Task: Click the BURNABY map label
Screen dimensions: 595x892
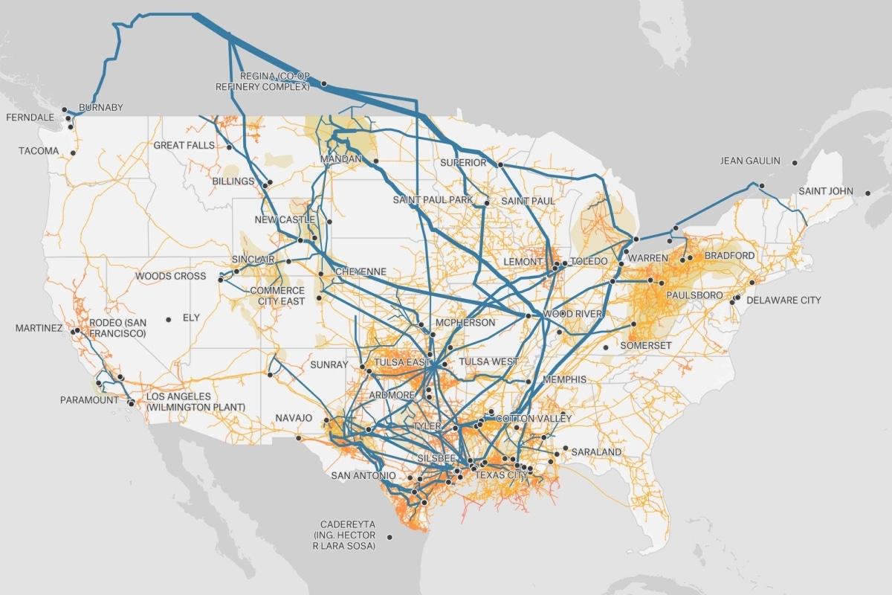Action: coord(100,108)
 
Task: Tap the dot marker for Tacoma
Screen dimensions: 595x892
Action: coord(73,153)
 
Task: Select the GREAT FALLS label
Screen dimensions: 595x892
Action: coord(184,146)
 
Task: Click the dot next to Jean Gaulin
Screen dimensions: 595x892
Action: coord(795,162)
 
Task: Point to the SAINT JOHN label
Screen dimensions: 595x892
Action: coord(826,191)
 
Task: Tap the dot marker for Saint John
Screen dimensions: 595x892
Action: coord(867,193)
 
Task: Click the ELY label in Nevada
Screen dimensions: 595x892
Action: coord(191,318)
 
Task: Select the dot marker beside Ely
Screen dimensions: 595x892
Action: coord(169,319)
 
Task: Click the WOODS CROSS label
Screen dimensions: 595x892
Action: coord(170,276)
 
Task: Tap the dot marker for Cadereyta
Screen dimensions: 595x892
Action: coord(390,537)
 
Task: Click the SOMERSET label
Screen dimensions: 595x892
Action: coord(645,346)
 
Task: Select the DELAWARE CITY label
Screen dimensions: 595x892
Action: coord(783,300)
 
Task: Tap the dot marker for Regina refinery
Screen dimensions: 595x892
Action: coord(324,84)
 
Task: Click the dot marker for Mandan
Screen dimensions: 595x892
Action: coord(376,161)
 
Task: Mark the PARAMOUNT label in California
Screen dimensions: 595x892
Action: coord(89,400)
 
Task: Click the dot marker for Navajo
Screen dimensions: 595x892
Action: coord(299,438)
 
